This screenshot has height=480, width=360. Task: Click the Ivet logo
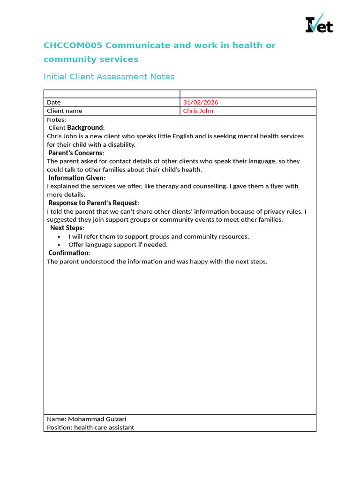tap(319, 24)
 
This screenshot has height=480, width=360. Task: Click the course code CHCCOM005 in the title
tap(73, 45)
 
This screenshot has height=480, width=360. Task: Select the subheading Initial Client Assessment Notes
tap(109, 76)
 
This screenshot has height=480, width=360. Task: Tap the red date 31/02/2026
tap(201, 102)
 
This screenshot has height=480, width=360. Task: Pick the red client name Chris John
tap(198, 111)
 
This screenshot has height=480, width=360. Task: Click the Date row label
tap(54, 102)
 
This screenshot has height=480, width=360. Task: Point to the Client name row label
tap(64, 111)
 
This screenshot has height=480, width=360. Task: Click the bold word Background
tap(85, 127)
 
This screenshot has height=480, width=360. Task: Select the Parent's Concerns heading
tap(76, 153)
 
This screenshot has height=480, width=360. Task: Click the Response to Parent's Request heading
tap(93, 203)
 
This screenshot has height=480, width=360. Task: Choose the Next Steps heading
tap(67, 228)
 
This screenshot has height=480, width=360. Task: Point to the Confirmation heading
tap(69, 253)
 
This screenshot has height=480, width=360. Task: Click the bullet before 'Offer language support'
tap(59, 245)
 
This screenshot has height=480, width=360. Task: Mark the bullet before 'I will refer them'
tap(59, 237)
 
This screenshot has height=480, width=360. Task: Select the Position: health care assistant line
tap(90, 427)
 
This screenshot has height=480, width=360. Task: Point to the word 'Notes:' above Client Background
tap(57, 120)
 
